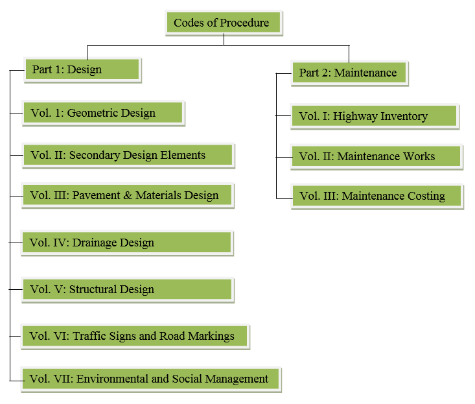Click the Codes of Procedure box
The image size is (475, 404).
pos(224,23)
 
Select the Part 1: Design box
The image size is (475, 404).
pos(82,70)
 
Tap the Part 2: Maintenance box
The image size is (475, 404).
pos(349,73)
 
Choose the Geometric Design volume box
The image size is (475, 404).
pos(103,113)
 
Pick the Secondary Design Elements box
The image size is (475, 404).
pos(128,156)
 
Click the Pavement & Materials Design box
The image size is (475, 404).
pos(128,195)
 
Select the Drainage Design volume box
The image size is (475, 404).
pos(127,243)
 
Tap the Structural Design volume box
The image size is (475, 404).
pos(128,289)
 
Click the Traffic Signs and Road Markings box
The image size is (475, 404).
pos(135,337)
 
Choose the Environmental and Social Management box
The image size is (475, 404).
pos(151,379)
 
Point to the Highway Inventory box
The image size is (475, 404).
pos(375,116)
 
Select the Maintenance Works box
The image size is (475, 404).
pos(377,157)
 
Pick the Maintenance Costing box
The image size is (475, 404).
pos(377,196)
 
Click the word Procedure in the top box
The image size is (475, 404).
pos(244,23)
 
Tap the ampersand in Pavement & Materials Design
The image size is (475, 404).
pos(128,195)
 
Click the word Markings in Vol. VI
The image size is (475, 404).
pos(211,337)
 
